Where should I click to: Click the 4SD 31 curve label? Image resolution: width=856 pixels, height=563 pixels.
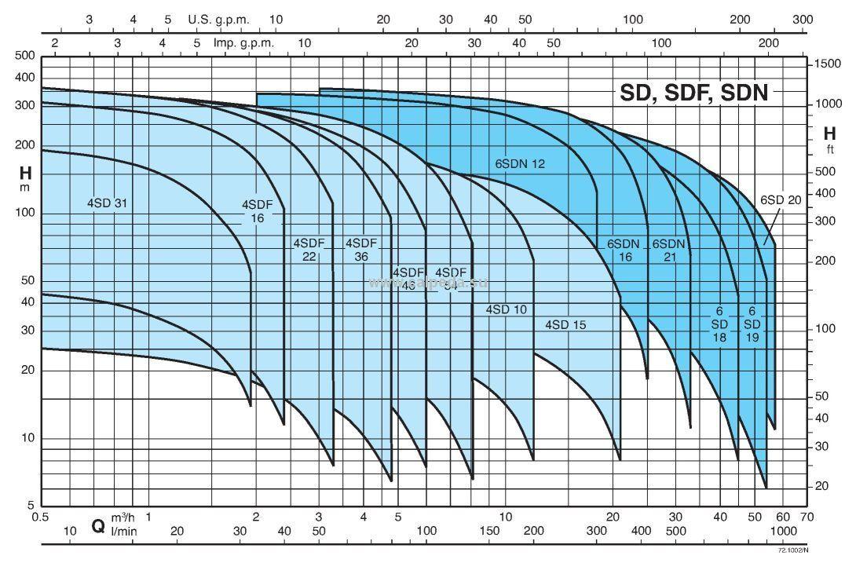[x=108, y=203]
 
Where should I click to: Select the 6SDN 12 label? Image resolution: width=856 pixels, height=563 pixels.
[x=519, y=164]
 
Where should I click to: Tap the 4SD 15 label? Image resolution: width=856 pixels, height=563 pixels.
[x=565, y=324]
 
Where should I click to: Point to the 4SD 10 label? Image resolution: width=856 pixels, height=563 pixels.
[x=507, y=309]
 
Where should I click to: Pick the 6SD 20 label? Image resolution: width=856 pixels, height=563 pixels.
[x=781, y=200]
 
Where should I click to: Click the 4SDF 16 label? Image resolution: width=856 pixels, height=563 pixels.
[x=258, y=211]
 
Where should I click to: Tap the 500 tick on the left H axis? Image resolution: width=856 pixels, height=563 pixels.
[x=26, y=56]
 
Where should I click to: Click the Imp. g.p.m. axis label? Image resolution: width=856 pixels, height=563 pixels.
[x=243, y=43]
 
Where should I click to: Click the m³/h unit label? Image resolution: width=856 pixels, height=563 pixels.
[x=121, y=517]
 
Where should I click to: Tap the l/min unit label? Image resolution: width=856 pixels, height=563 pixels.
[x=121, y=532]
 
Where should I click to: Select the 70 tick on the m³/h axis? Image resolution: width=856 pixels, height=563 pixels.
[x=807, y=517]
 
